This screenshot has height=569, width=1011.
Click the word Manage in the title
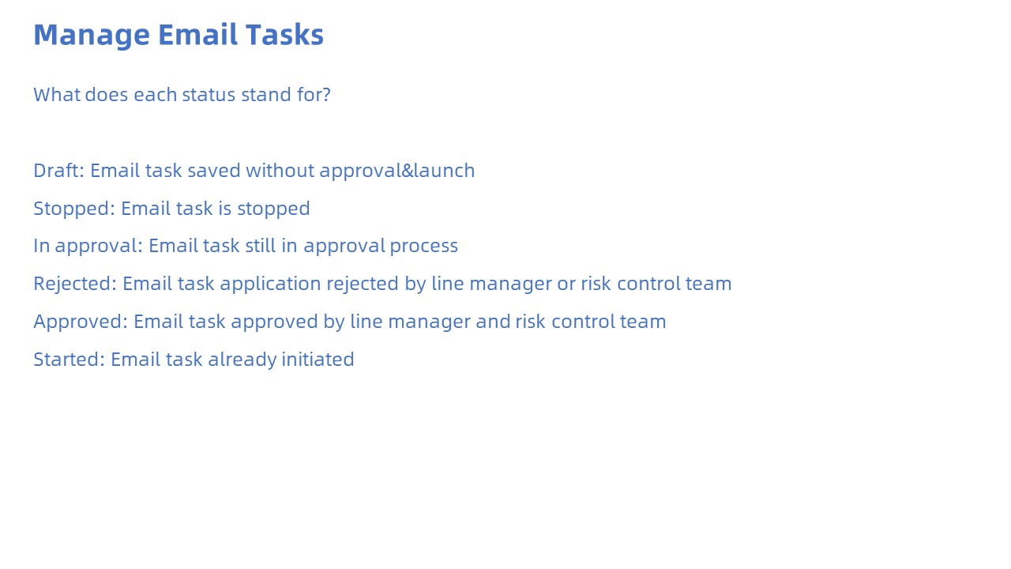coord(92,36)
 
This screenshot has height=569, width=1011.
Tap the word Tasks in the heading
coord(285,35)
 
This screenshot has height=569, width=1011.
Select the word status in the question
coord(209,95)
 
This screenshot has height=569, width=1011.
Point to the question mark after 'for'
coord(327,95)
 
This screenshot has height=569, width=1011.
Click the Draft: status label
coord(59,170)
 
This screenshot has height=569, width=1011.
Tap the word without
coord(280,171)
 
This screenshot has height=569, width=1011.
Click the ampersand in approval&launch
coord(407,171)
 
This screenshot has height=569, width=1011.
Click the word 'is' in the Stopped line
coord(225,209)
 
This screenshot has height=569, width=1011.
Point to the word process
coord(424,247)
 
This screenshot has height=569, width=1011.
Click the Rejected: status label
coord(75,284)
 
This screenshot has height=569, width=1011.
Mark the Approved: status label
coord(81,322)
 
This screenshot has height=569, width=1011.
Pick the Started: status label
coord(70,360)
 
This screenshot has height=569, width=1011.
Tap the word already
coord(242,360)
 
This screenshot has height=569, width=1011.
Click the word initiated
coord(318,360)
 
